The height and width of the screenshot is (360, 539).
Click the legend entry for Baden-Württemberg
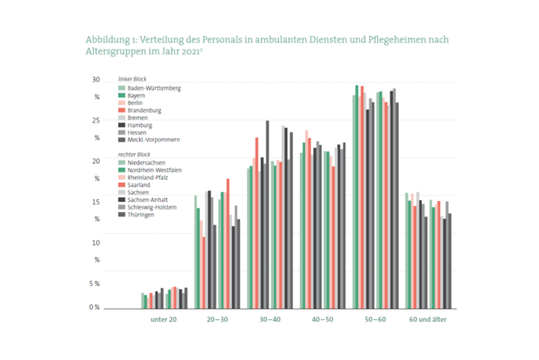click(154, 88)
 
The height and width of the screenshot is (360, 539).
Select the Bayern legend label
click(136, 96)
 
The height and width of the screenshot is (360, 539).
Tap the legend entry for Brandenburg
click(143, 110)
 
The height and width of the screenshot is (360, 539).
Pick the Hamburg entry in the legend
click(140, 125)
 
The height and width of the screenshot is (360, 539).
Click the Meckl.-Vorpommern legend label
click(153, 140)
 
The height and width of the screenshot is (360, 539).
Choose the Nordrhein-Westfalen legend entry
click(154, 170)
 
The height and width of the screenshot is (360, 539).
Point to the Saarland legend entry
click(139, 184)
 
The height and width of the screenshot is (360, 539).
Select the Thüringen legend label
click(141, 215)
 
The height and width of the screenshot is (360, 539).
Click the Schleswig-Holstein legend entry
click(152, 207)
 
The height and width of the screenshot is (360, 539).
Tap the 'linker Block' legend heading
click(132, 80)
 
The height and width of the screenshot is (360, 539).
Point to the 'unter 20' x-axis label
click(163, 320)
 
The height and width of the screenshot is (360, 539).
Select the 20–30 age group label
click(218, 320)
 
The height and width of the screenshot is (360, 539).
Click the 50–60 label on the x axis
click(375, 320)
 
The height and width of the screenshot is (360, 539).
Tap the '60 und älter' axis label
click(428, 320)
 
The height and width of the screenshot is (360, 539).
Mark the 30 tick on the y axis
click(96, 80)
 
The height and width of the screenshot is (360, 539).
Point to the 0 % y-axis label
click(95, 308)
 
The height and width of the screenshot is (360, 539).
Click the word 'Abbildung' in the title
click(108, 40)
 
